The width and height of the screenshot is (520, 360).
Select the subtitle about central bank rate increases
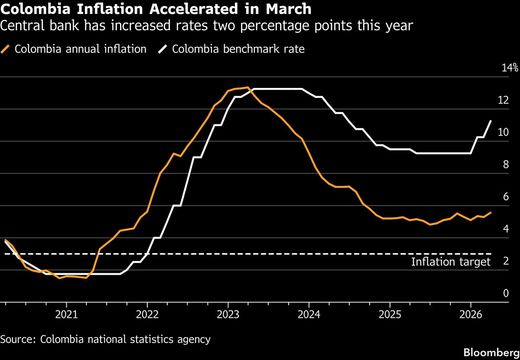coord(206,26)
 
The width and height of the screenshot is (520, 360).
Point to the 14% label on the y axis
coord(509,68)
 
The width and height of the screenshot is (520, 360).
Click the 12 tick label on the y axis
coord(503,100)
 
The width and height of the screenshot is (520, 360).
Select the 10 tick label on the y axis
coord(503,133)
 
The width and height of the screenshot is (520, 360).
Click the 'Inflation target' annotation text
coord(451,262)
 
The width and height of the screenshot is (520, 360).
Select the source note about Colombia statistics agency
coord(105,339)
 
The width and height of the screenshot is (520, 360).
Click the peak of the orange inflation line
coord(247,88)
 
